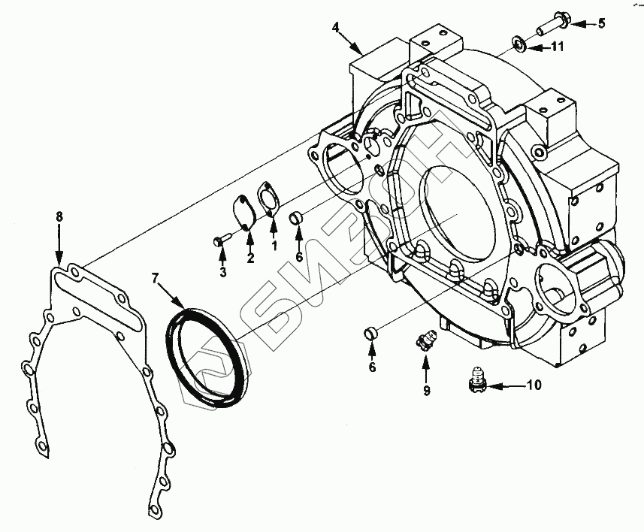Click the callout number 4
(336, 28)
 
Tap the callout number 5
(600, 23)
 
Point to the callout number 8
(60, 217)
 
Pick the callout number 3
(222, 272)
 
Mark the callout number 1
(274, 245)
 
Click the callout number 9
(426, 390)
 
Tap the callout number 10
(533, 386)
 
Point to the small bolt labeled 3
(221, 240)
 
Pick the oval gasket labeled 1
(267, 198)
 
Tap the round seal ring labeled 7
(210, 345)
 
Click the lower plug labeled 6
(370, 332)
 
